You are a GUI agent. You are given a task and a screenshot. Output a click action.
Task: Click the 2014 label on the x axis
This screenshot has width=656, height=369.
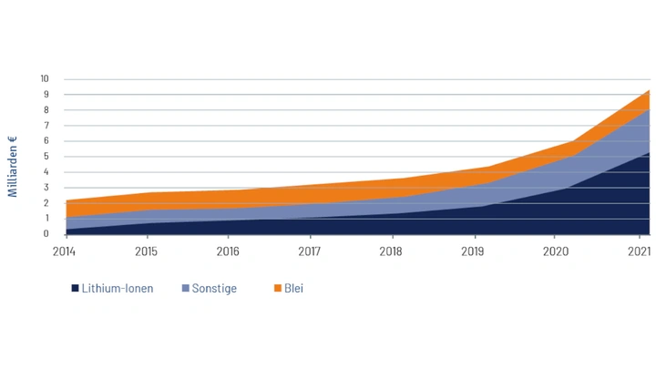66,251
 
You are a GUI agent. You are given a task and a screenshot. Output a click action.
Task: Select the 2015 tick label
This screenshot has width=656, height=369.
146,251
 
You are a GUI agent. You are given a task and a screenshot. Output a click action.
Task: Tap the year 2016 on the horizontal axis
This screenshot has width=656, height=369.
228,251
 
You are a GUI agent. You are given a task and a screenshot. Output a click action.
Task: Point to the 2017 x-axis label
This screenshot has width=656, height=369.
310,251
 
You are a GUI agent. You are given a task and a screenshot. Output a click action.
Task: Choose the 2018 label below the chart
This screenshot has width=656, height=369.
391,251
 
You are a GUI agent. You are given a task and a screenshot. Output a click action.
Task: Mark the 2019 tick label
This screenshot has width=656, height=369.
473,251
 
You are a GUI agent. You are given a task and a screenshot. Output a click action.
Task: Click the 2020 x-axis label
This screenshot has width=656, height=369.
555,251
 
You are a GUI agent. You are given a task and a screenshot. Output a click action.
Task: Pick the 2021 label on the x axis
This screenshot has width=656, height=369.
637,251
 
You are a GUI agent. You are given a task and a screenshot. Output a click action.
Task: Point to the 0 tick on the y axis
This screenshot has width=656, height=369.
45,234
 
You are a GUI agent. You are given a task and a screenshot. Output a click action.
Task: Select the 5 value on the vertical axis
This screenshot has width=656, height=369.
45,156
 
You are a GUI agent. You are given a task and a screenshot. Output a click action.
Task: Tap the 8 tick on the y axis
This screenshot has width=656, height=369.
45,109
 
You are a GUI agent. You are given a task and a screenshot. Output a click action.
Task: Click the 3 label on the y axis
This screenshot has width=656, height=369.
45,187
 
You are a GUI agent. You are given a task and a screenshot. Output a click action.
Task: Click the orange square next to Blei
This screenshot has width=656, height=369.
278,289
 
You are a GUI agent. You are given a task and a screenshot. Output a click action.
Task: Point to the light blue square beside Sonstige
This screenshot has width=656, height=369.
185,289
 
